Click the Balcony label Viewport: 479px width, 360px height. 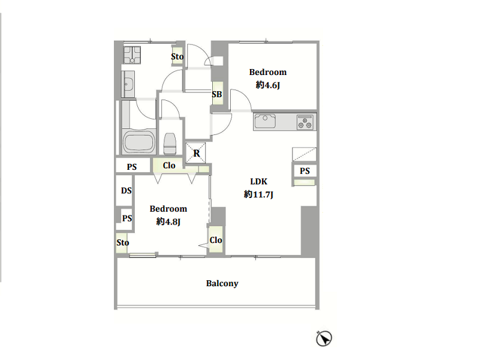[x=222, y=283]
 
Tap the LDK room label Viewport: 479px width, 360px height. [x=259, y=181]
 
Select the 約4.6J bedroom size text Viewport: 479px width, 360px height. [x=267, y=85]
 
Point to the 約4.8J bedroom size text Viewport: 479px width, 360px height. [x=168, y=221]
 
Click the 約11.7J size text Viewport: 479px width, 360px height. [x=258, y=194]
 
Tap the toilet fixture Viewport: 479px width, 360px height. [x=170, y=143]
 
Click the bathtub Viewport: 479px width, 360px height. [x=139, y=142]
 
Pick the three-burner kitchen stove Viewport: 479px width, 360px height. [x=305, y=122]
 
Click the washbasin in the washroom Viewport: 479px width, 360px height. [x=128, y=84]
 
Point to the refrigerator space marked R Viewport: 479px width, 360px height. [x=196, y=153]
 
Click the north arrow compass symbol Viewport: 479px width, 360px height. [x=324, y=338]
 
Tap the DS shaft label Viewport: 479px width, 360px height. [x=126, y=191]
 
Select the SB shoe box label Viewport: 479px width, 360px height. [x=217, y=94]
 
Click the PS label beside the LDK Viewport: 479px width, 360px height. [x=305, y=171]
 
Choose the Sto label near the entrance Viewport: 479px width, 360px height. [x=177, y=56]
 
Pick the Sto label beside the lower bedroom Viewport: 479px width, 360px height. [x=122, y=242]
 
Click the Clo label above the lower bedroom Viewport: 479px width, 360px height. [x=169, y=166]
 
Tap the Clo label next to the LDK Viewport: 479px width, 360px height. [x=216, y=240]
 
